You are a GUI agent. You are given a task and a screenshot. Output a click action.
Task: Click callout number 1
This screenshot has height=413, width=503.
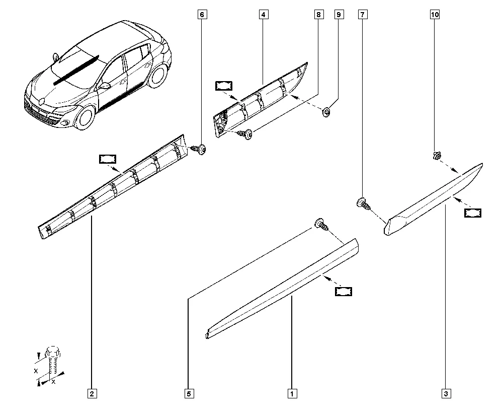pyautogui.click(x=292, y=393)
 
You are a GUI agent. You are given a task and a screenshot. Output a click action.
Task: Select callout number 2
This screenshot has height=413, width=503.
pyautogui.click(x=92, y=393)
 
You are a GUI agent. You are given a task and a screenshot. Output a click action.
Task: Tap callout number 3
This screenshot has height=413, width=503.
pyautogui.click(x=446, y=393)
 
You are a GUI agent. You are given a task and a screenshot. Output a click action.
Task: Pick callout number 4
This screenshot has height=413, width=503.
pyautogui.click(x=263, y=15)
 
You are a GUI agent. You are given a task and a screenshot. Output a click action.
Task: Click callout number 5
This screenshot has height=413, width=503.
pyautogui.click(x=189, y=393)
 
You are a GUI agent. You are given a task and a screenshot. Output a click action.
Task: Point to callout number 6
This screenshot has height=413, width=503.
pyautogui.click(x=202, y=15)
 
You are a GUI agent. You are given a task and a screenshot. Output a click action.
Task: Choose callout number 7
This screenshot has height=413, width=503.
pyautogui.click(x=363, y=15)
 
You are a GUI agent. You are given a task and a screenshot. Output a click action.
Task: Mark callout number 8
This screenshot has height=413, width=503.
pyautogui.click(x=318, y=15)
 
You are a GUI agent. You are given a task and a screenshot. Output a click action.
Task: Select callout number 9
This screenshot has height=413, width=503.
pyautogui.click(x=339, y=15)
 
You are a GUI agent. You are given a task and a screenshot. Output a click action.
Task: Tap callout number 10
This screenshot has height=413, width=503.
pyautogui.click(x=435, y=15)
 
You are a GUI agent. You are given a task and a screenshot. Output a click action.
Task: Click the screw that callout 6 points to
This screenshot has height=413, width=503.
pyautogui.click(x=199, y=150)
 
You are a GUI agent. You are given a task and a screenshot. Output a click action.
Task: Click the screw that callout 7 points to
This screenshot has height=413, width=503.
pyautogui.click(x=364, y=203)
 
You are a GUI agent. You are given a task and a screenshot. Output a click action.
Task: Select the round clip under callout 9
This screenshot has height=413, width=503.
pyautogui.click(x=326, y=113)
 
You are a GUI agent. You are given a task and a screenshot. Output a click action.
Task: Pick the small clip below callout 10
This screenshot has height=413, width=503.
pyautogui.click(x=436, y=156)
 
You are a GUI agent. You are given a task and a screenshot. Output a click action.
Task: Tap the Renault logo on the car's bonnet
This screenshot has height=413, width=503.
pyautogui.click(x=41, y=101)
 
